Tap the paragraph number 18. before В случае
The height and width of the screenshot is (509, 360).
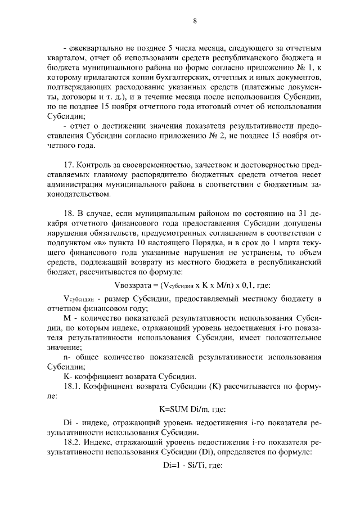(x=70, y=220)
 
